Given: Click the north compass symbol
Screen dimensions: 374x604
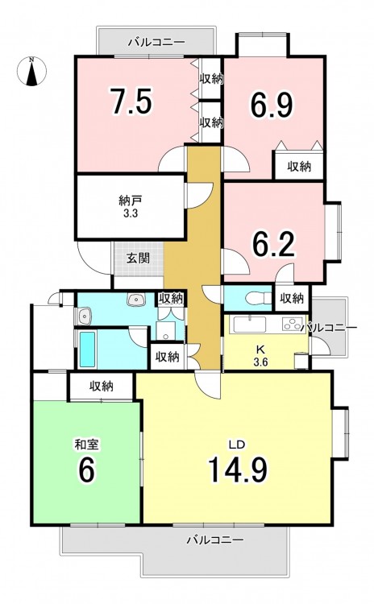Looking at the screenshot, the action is click(x=31, y=71).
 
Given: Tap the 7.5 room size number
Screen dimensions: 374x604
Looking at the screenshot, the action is click(x=131, y=101).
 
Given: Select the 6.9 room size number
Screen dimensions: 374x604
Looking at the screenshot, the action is click(x=272, y=105).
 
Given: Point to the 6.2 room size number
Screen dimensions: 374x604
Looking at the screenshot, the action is click(x=273, y=244).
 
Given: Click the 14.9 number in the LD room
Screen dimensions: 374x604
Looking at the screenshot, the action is click(x=238, y=470).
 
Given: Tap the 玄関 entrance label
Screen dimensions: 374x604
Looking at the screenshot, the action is click(x=138, y=259).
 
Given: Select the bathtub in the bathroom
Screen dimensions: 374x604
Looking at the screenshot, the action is click(x=88, y=350).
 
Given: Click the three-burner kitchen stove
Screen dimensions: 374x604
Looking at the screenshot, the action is click(x=293, y=325).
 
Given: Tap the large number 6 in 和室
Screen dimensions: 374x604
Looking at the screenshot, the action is click(x=86, y=470).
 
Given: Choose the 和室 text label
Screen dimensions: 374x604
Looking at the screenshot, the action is click(x=86, y=445).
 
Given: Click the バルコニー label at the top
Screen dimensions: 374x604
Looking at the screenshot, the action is click(x=157, y=41).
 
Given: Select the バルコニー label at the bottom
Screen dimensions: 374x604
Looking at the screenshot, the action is click(x=215, y=540).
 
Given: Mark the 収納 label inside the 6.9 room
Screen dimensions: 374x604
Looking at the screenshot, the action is click(x=299, y=167).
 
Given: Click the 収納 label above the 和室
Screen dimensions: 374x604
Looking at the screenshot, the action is click(x=102, y=387).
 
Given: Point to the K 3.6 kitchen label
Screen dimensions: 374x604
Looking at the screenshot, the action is click(x=260, y=355).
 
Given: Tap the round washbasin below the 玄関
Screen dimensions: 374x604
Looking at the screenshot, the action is click(x=135, y=300).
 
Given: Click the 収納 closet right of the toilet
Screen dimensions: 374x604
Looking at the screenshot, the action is click(x=292, y=298).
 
